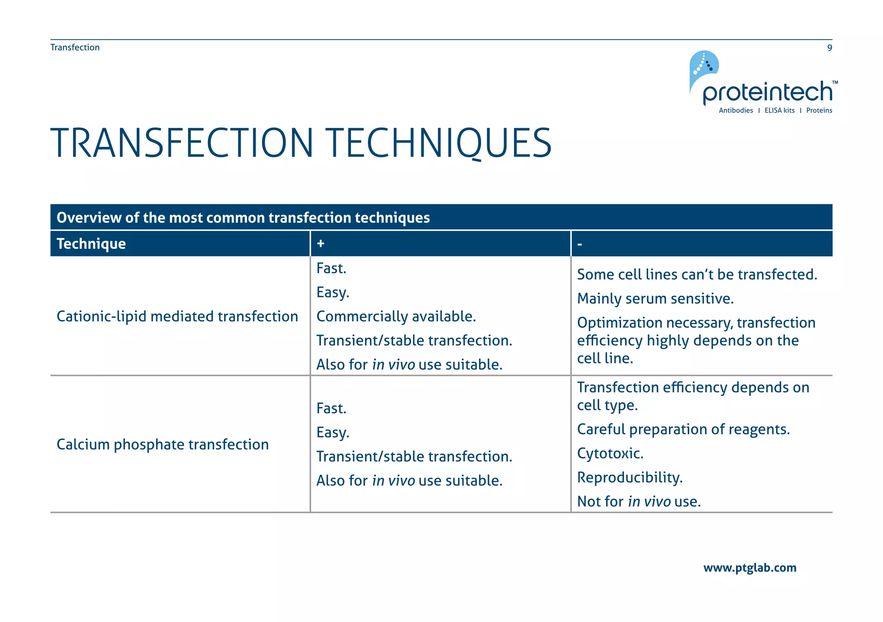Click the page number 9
pos(829,48)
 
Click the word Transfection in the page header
pos(75,47)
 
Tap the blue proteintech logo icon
pos(703,69)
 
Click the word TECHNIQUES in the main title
pos(438,143)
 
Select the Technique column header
pos(91,244)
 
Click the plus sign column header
pos(320,244)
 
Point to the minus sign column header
pos(580,244)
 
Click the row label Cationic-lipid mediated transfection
pos(177,316)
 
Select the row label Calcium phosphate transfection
pos(163,444)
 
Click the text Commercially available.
pos(396,316)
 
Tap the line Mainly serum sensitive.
pos(655,298)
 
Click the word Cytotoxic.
pos(610,453)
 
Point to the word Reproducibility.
pos(629,478)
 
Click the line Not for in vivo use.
pos(639,501)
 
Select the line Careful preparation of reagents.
pos(683,429)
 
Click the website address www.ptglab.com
pos(749,568)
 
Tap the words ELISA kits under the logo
pos(779,110)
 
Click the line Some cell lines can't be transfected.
pos(697,275)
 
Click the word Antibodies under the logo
pos(736,110)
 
